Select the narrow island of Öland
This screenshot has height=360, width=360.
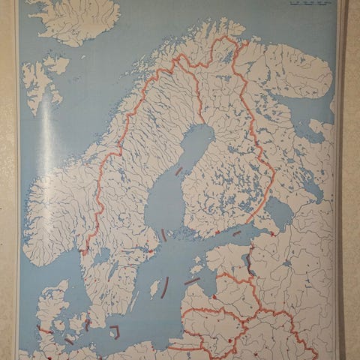click(x=133, y=301)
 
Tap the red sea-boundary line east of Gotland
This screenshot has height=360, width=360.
click(x=192, y=281)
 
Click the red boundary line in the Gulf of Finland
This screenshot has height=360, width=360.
click(x=237, y=233)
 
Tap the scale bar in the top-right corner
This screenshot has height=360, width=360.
click(x=307, y=6)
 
